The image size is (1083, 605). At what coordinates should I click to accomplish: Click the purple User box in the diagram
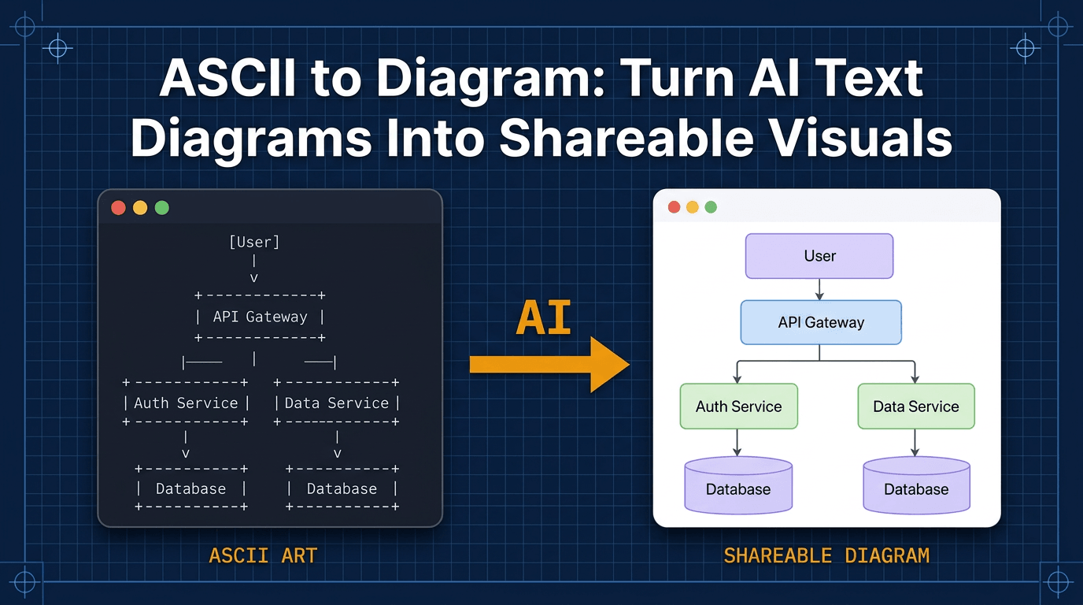819,256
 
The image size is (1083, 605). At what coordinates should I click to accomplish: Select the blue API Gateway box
821,322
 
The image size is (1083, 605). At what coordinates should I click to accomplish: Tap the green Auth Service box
738,406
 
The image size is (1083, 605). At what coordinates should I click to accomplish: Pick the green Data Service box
916,406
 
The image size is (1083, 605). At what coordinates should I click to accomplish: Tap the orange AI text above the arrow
543,318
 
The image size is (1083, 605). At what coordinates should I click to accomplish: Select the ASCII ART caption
263,555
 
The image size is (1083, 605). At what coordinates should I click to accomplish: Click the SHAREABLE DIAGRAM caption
826,555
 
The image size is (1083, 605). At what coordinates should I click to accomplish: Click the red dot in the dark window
119,208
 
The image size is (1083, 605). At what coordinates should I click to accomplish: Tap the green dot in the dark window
162,208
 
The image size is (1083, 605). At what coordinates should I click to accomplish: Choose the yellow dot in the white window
693,207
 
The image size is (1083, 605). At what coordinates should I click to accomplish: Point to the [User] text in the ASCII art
254,242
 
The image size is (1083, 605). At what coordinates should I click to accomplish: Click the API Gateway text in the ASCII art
260,317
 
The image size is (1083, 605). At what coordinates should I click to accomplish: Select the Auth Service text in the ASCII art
186,403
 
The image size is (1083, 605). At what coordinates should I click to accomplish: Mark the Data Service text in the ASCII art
337,403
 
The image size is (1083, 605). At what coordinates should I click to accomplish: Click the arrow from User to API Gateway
819,289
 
